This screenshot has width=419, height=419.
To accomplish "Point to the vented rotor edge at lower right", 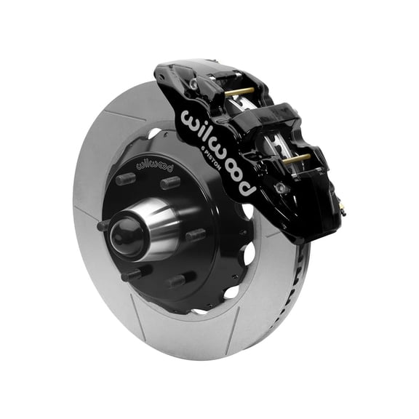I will pos(291,306).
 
